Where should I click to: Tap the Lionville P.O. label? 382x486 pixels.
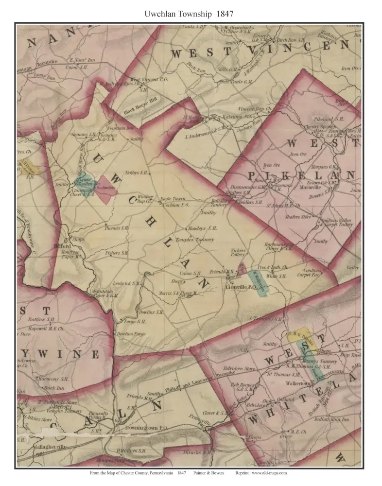tap(241, 287)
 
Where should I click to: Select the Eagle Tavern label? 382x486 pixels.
tap(173, 199)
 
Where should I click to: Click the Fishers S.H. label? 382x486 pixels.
tap(117, 253)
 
